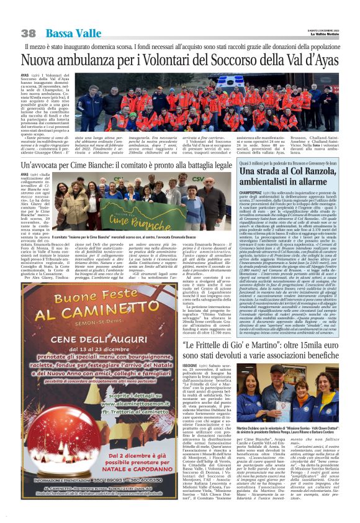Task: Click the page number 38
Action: tap(28, 32)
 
